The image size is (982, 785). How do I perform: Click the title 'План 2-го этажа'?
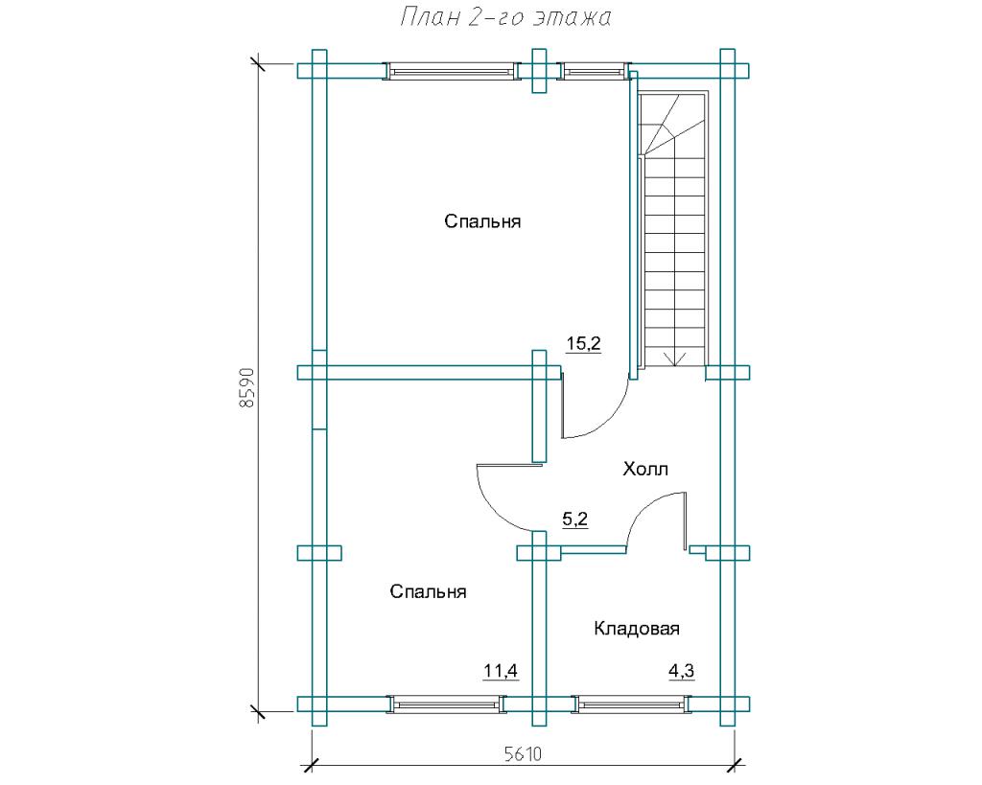(x=505, y=18)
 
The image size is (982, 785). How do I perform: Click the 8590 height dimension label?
(x=246, y=388)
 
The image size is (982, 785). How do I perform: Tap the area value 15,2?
(x=584, y=343)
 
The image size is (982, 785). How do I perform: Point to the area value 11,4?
(x=501, y=671)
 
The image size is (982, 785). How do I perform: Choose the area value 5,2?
(x=575, y=519)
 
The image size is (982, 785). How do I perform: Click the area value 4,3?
(x=682, y=671)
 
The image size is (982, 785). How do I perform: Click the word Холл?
(x=645, y=469)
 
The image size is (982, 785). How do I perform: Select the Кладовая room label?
(x=637, y=629)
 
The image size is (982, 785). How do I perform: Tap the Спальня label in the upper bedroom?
(x=482, y=221)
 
